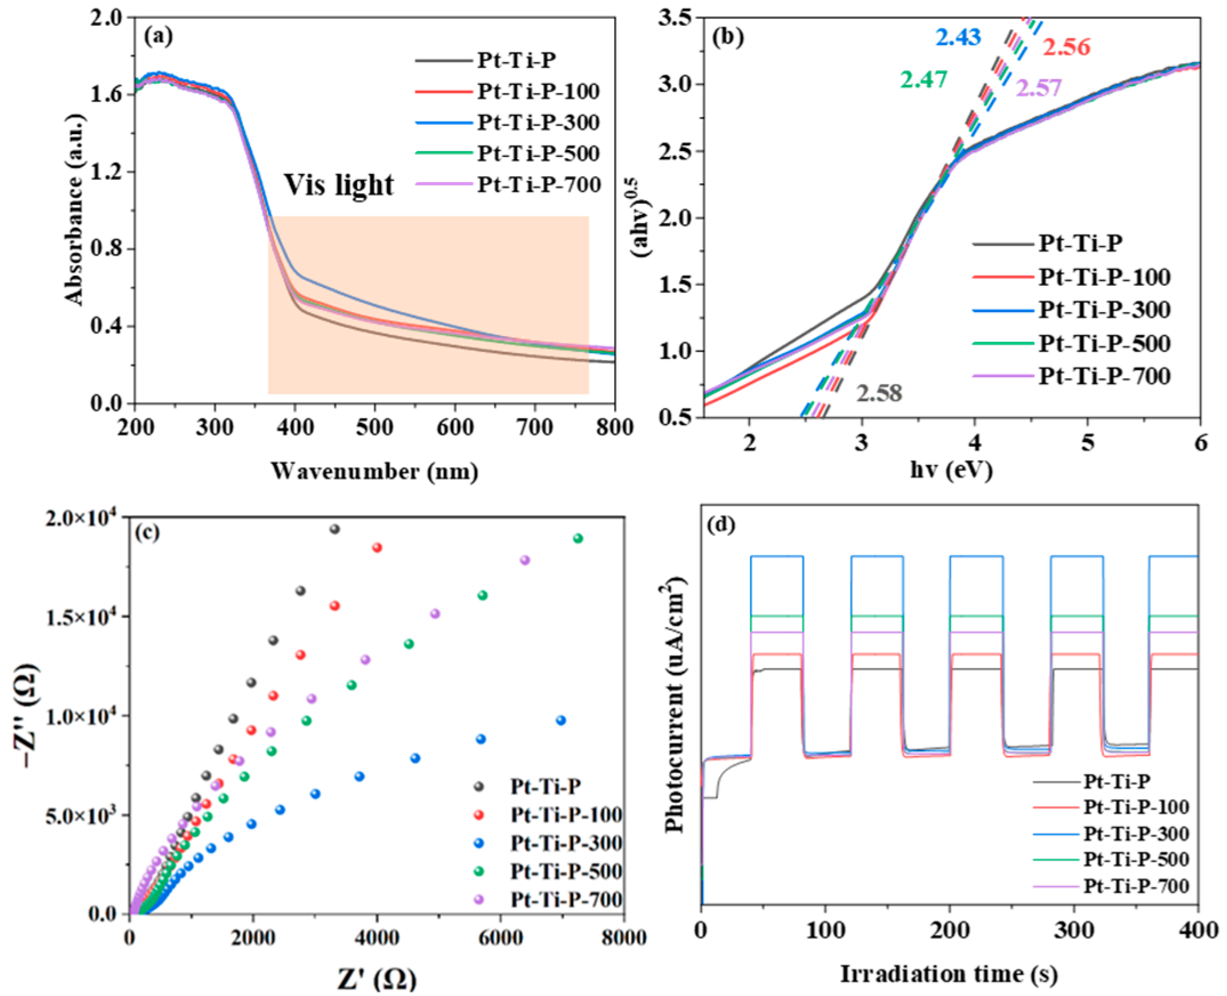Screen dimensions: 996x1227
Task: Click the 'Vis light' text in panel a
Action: pyautogui.click(x=338, y=185)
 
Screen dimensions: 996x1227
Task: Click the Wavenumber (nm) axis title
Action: pyautogui.click(x=374, y=472)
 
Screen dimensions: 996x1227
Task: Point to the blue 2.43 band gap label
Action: pyautogui.click(x=958, y=37)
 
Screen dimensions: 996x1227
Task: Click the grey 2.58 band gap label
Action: pyautogui.click(x=879, y=394)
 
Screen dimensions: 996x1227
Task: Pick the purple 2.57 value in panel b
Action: pyautogui.click(x=1038, y=88)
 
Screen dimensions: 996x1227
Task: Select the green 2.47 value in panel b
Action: pyautogui.click(x=923, y=79)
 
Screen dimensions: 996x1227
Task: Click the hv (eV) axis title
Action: pyautogui.click(x=951, y=471)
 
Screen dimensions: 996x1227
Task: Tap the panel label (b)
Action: pyautogui.click(x=727, y=36)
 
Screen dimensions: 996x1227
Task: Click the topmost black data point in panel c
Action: pyautogui.click(x=334, y=529)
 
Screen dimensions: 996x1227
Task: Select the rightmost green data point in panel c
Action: pyautogui.click(x=578, y=538)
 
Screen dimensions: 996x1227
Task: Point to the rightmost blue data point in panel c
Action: pyautogui.click(x=560, y=720)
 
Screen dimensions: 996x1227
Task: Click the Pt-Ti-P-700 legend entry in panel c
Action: pyautogui.click(x=566, y=900)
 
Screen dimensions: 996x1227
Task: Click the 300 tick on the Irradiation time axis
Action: pyautogui.click(x=1073, y=930)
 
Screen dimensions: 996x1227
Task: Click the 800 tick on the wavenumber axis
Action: pyautogui.click(x=614, y=427)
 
